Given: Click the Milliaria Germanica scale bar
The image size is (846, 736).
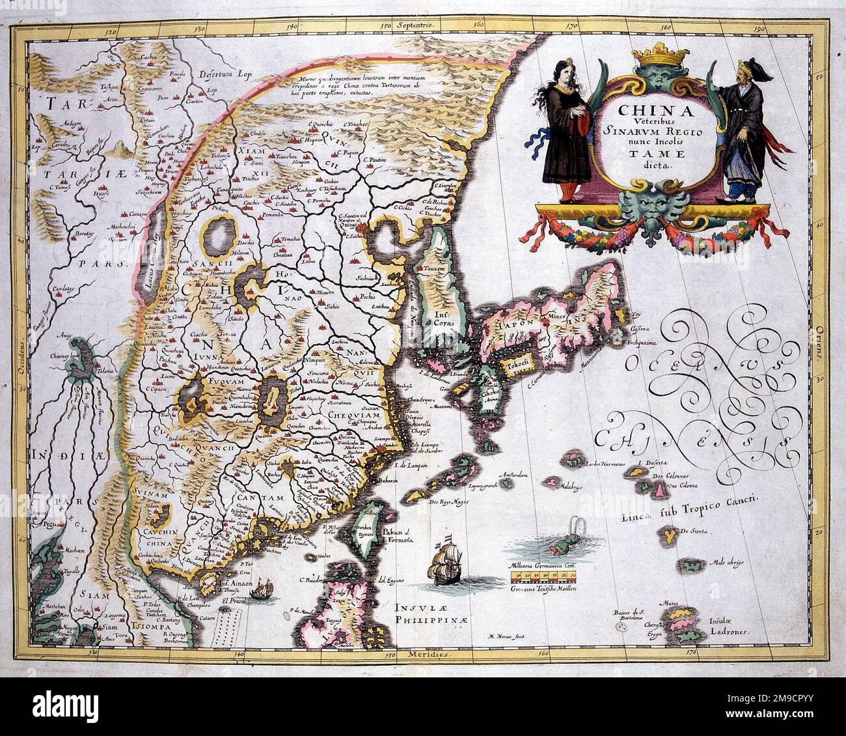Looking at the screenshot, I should click(545, 576).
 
